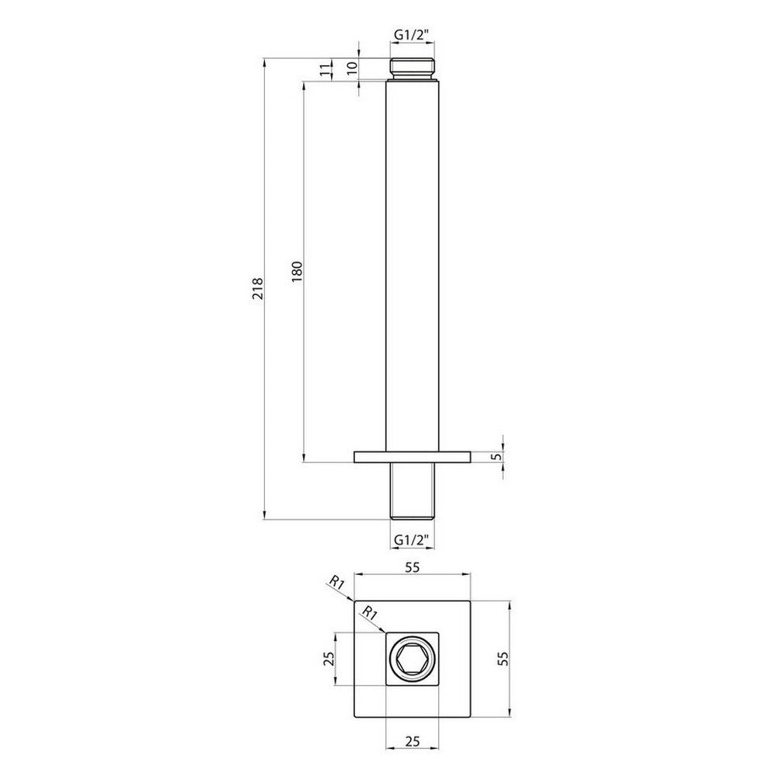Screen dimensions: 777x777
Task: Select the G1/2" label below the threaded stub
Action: pyautogui.click(x=411, y=538)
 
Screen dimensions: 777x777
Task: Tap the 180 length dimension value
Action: pyautogui.click(x=297, y=271)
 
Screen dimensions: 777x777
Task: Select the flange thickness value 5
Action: pyautogui.click(x=495, y=456)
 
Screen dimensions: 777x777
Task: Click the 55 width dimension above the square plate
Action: pyautogui.click(x=412, y=567)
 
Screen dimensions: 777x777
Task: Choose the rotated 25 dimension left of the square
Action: pyautogui.click(x=328, y=660)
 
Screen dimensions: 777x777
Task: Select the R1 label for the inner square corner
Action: pyautogui.click(x=371, y=612)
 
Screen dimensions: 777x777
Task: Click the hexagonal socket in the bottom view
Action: pyautogui.click(x=412, y=660)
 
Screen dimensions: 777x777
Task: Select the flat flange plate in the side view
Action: pyautogui.click(x=412, y=457)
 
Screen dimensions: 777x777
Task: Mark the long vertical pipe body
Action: pyautogui.click(x=412, y=264)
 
